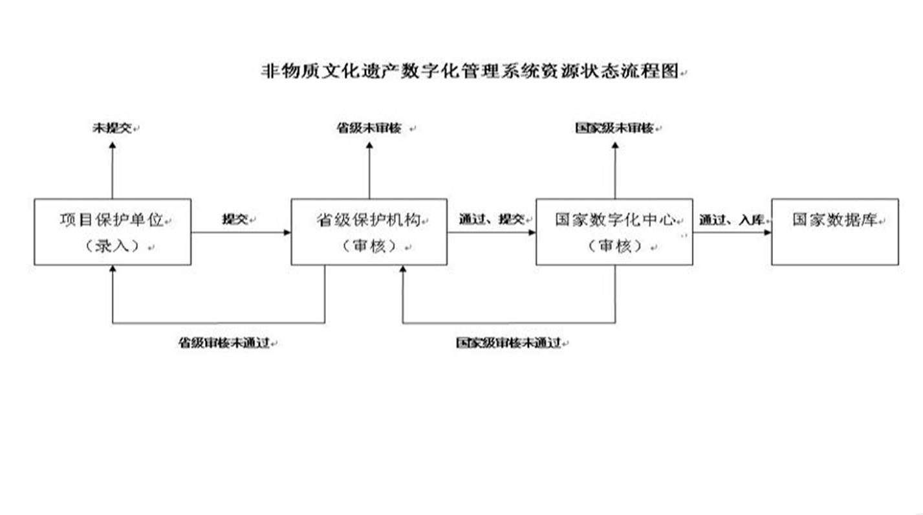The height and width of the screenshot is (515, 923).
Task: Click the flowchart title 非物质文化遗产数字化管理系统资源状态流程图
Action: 470,71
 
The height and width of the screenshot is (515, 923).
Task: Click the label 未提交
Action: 112,128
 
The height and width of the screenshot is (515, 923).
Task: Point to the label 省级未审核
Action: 369,128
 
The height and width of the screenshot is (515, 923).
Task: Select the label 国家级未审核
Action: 614,128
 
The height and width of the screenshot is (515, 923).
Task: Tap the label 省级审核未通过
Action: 224,342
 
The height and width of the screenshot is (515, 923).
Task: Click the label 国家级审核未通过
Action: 508,342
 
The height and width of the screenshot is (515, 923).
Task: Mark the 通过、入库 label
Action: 732,219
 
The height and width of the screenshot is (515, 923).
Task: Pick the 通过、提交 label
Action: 492,219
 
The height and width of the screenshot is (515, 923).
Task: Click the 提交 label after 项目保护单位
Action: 235,219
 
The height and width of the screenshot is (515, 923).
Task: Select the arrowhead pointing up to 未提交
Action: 113,146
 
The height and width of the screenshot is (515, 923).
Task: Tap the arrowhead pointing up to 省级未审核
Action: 369,146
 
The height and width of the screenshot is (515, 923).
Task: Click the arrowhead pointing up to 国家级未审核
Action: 615,146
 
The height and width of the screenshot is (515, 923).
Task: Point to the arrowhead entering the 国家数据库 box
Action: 768,232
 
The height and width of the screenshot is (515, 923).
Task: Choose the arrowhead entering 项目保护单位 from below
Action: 113,268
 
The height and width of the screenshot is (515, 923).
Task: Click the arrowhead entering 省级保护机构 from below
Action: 403,268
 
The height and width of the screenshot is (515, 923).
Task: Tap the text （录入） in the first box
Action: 112,247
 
